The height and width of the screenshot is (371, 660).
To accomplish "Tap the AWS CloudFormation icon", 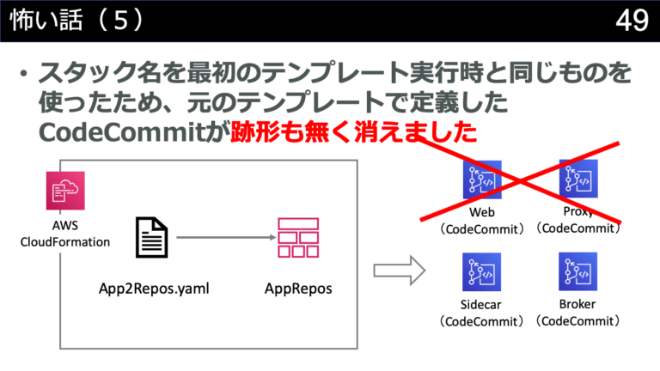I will [65, 191].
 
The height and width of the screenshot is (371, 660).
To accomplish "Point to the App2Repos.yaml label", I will [155, 289].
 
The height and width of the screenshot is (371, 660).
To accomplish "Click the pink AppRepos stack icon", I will [297, 237].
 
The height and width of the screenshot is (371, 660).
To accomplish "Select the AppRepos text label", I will [297, 289].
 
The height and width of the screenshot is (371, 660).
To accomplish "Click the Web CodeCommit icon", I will [481, 181].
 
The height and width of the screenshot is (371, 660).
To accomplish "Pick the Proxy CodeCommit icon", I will [577, 179].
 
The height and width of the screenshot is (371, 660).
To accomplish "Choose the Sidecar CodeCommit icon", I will [481, 273].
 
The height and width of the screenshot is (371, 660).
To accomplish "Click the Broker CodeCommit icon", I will [577, 273].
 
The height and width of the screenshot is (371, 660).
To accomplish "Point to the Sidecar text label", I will [481, 305].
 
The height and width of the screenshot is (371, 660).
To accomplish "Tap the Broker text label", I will [577, 304].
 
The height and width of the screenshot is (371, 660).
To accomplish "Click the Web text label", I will [481, 212].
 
